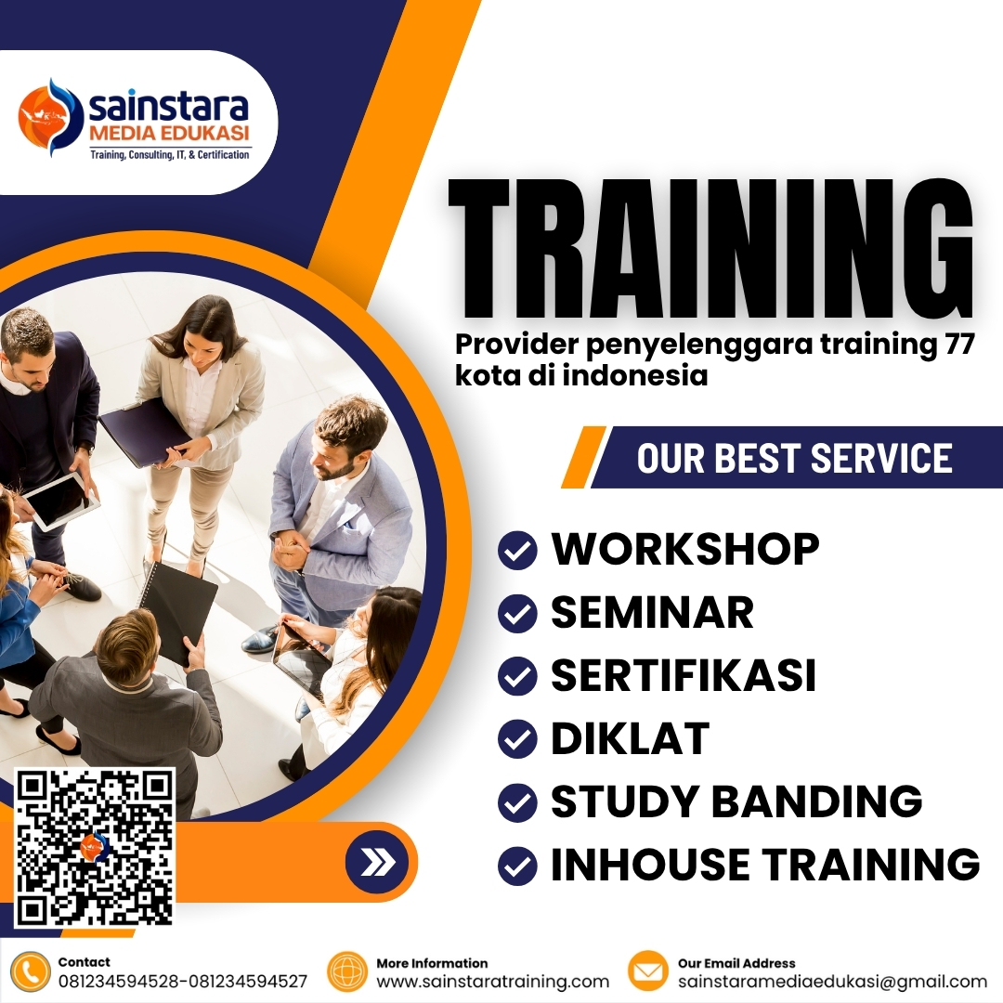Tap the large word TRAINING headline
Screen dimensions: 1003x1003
pyautogui.click(x=710, y=249)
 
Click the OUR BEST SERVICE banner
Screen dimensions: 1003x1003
pyautogui.click(x=794, y=458)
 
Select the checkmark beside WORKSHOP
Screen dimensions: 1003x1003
pyautogui.click(x=517, y=551)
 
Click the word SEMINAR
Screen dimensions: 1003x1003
pyautogui.click(x=652, y=613)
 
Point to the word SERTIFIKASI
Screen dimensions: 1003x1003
pyautogui.click(x=684, y=676)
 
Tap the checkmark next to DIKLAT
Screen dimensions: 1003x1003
pyautogui.click(x=517, y=740)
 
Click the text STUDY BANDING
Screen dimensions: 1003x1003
pyautogui.click(x=736, y=801)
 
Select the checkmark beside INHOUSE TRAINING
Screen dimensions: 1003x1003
pyautogui.click(x=517, y=866)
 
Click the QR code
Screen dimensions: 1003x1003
pyautogui.click(x=96, y=847)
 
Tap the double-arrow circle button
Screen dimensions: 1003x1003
pyautogui.click(x=377, y=863)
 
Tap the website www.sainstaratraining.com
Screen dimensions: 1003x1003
pyautogui.click(x=493, y=982)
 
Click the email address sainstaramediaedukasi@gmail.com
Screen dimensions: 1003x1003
pyautogui.click(x=832, y=982)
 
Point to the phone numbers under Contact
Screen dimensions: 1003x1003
pyautogui.click(x=183, y=982)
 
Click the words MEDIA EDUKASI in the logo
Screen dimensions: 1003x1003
pyautogui.click(x=169, y=136)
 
